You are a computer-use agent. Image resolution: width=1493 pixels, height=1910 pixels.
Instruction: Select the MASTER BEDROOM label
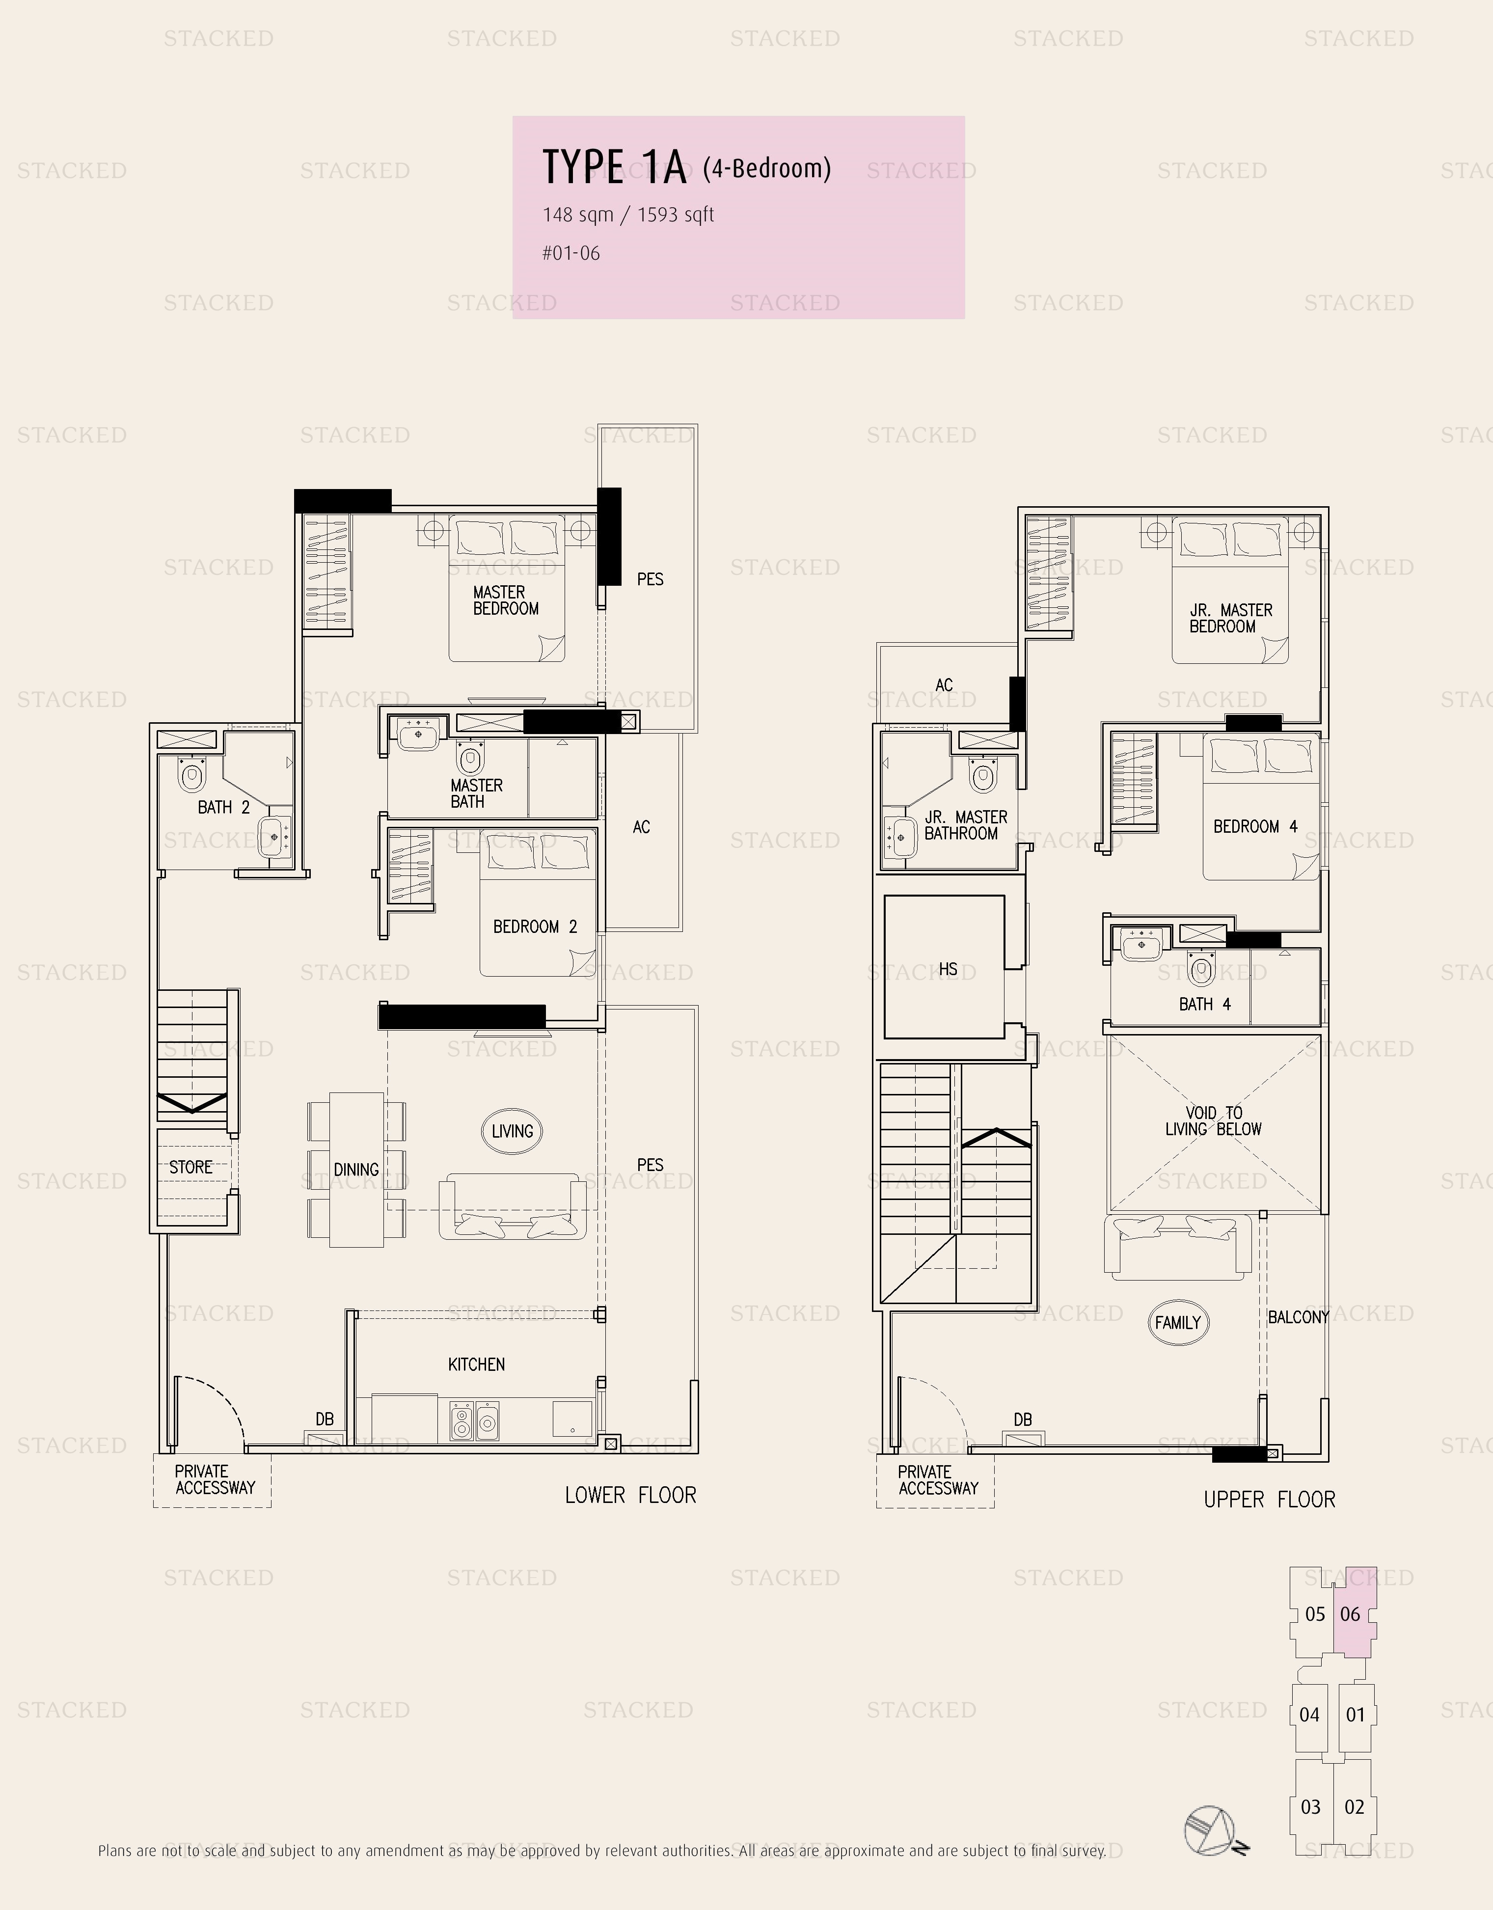506,601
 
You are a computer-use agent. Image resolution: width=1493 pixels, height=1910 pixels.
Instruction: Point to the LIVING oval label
513,1131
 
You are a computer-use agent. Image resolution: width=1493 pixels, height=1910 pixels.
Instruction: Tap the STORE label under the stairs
190,1168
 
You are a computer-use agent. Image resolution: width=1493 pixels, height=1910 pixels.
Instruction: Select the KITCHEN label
477,1364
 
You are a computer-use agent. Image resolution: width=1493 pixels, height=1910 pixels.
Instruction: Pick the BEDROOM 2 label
535,927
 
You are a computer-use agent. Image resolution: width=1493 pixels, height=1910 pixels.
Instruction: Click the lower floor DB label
325,1419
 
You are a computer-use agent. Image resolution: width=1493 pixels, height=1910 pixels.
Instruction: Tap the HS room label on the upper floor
948,969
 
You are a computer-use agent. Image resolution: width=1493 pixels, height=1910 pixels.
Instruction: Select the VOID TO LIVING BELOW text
1213,1121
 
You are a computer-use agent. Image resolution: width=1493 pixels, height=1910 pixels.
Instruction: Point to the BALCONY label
1298,1317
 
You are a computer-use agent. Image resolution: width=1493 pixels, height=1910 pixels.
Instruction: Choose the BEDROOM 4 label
1255,826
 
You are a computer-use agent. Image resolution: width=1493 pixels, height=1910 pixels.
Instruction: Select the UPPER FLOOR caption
1269,1500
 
